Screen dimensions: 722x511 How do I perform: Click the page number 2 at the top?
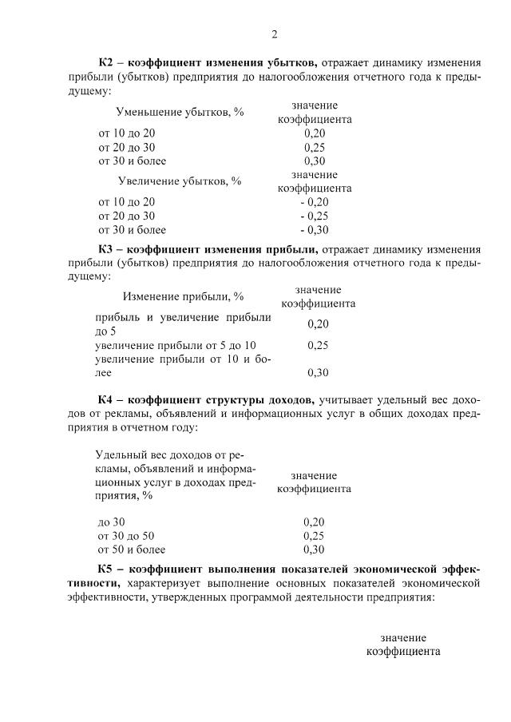274,34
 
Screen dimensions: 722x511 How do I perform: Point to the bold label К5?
107,569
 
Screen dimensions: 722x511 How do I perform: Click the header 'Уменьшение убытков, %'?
180,112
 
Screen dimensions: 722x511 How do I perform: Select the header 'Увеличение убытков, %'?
180,181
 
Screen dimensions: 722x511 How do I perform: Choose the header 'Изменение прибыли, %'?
183,297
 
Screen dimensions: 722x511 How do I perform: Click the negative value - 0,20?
314,202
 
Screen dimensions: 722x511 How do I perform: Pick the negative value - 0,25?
314,216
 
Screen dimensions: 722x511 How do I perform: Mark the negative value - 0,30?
314,231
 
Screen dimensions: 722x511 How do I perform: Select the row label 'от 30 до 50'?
125,536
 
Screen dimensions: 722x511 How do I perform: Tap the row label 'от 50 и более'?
131,550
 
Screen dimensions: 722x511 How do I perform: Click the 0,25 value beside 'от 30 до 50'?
314,536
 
